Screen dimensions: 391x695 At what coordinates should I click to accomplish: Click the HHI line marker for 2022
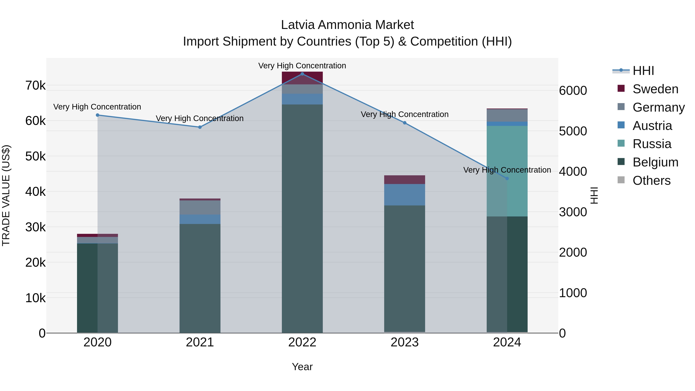point(302,74)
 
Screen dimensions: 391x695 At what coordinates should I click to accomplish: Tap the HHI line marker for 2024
point(507,178)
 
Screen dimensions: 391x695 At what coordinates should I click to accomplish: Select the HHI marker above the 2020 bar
point(98,115)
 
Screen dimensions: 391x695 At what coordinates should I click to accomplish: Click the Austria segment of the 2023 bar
point(404,195)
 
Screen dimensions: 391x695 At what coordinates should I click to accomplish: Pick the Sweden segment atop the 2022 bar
point(302,78)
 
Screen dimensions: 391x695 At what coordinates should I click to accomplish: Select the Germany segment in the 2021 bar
point(200,207)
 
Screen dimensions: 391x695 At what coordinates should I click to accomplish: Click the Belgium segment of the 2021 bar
point(200,278)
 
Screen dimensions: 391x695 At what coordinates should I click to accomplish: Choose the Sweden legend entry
point(655,89)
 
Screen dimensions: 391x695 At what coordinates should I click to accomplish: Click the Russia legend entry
point(652,144)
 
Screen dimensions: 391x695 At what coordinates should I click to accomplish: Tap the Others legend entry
point(651,181)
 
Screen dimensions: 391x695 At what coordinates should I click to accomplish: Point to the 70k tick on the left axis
point(35,86)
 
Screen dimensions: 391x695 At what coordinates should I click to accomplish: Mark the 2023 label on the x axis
point(404,342)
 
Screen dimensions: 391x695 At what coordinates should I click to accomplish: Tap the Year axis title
point(302,367)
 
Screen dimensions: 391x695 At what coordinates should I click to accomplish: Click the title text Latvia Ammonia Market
point(347,25)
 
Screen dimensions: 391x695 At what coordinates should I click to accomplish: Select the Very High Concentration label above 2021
point(200,119)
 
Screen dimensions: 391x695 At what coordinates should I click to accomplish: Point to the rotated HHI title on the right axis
point(594,195)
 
